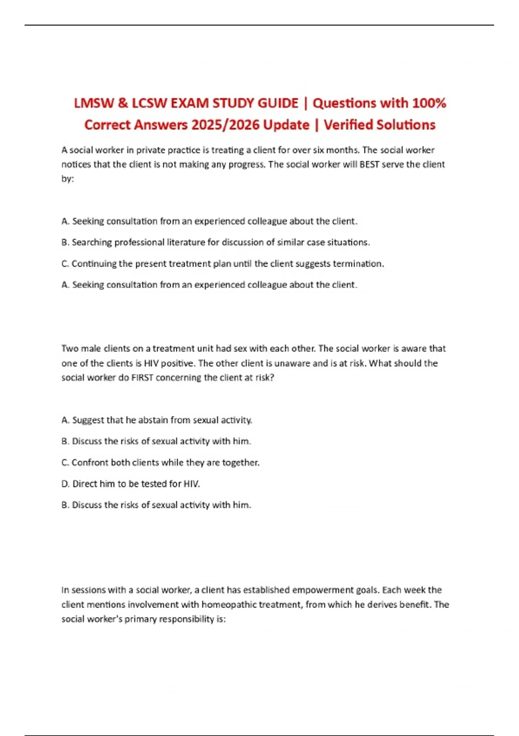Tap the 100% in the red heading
(429, 103)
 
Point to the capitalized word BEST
(369, 165)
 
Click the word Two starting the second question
(70, 349)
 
